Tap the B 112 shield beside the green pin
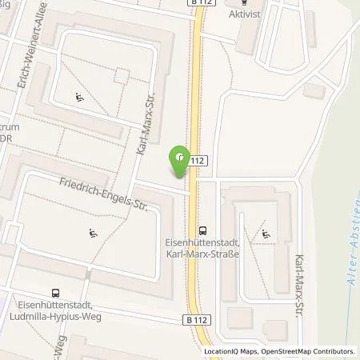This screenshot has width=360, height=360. click(x=199, y=160)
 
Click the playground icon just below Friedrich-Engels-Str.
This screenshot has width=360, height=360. click(x=93, y=234)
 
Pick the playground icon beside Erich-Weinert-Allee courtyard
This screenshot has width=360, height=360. click(x=80, y=98)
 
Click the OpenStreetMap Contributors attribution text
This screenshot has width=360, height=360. click(x=309, y=351)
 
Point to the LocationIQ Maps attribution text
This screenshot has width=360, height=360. click(x=232, y=351)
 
